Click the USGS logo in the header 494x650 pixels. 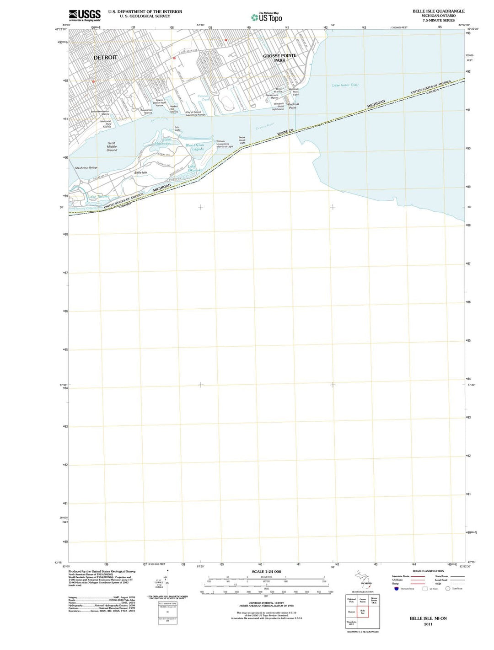click(85, 16)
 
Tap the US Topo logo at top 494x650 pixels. click(267, 17)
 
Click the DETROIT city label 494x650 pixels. click(105, 58)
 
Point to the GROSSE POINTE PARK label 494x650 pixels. click(279, 58)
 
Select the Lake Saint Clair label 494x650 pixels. click(345, 85)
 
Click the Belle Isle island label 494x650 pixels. click(141, 172)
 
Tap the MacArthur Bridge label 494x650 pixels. click(86, 168)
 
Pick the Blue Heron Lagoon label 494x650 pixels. click(195, 147)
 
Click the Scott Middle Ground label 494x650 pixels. click(112, 147)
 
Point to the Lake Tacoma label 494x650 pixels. click(99, 197)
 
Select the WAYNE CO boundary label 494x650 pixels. click(285, 132)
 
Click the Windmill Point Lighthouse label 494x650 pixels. click(278, 107)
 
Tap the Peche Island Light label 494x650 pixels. click(242, 140)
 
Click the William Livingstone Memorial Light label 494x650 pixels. click(225, 144)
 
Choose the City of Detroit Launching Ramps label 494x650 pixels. click(195, 113)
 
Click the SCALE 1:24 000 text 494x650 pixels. click(267, 572)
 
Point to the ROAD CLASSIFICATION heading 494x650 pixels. click(428, 571)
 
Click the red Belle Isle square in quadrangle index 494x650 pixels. click(363, 612)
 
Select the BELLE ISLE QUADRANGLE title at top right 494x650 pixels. click(432, 11)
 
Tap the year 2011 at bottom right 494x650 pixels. click(428, 624)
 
